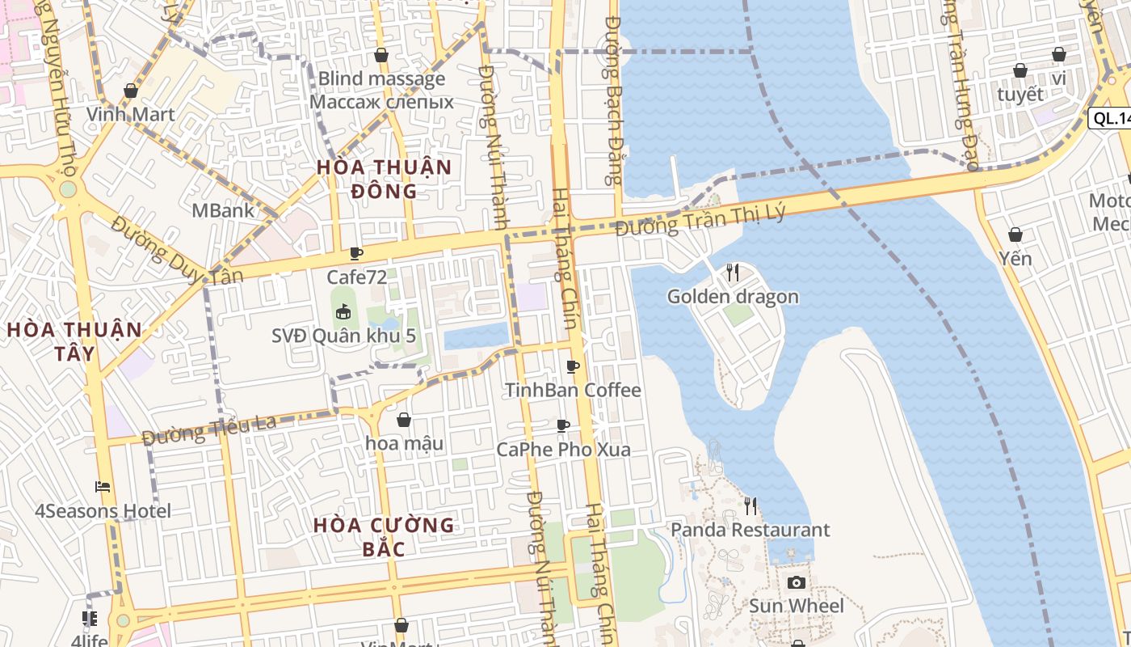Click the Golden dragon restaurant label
[733, 297]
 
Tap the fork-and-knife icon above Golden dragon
[733, 273]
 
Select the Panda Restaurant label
[750, 531]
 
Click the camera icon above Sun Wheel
[796, 582]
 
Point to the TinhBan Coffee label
[573, 390]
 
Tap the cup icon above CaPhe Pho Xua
[563, 425]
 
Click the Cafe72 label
[356, 277]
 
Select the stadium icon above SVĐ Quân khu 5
[343, 311]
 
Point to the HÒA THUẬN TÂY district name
[74, 341]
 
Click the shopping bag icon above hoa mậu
[404, 420]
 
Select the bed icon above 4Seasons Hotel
[103, 487]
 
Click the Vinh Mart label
[131, 114]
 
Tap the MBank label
[223, 210]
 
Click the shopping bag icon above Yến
[1015, 235]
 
